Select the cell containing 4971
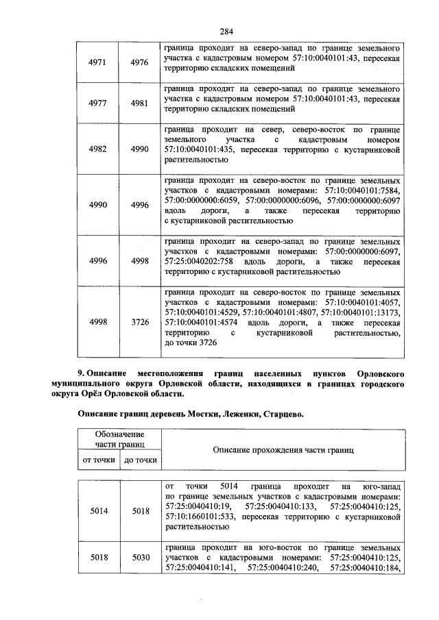pos(98,62)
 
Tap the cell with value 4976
pos(139,62)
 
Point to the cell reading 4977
pos(98,102)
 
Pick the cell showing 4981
pos(139,102)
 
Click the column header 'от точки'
pos(98,460)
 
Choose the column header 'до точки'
pos(140,460)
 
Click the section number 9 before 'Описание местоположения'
pos(80,374)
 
